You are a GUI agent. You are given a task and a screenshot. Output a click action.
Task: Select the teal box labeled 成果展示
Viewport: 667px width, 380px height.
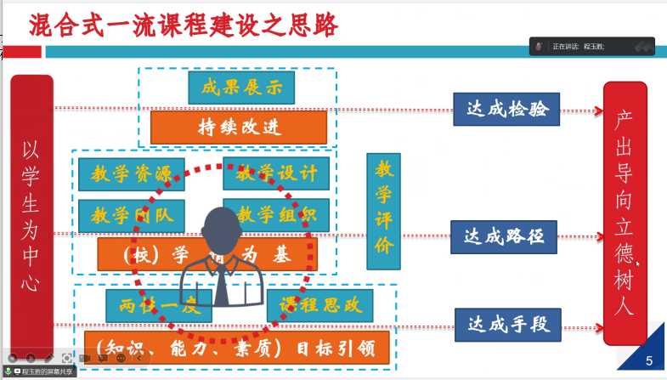[241, 87]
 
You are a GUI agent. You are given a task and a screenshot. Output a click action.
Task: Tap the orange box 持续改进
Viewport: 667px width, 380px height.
[239, 127]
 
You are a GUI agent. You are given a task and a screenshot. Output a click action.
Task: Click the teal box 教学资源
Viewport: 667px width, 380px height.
[131, 173]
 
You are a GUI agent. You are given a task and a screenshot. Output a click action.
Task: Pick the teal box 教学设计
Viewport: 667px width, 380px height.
[276, 173]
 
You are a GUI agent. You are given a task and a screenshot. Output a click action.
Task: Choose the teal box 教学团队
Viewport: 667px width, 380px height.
[131, 215]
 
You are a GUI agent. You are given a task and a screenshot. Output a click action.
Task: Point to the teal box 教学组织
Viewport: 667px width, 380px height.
[276, 215]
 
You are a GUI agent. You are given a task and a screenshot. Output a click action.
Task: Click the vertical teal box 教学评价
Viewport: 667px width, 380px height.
[383, 209]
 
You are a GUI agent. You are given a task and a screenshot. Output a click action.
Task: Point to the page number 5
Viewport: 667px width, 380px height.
[649, 360]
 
